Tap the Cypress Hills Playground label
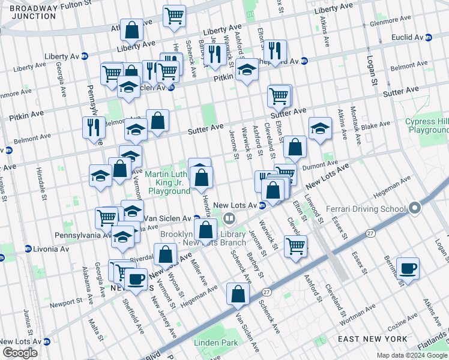pyautogui.click(x=426, y=125)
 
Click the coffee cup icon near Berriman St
pyautogui.click(x=408, y=268)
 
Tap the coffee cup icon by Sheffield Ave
pyautogui.click(x=136, y=279)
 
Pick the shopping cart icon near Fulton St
pyautogui.click(x=174, y=16)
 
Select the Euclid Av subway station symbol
pyautogui.click(x=429, y=37)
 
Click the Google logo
pyautogui.click(x=20, y=353)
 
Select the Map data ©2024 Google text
pyautogui.click(x=411, y=355)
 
